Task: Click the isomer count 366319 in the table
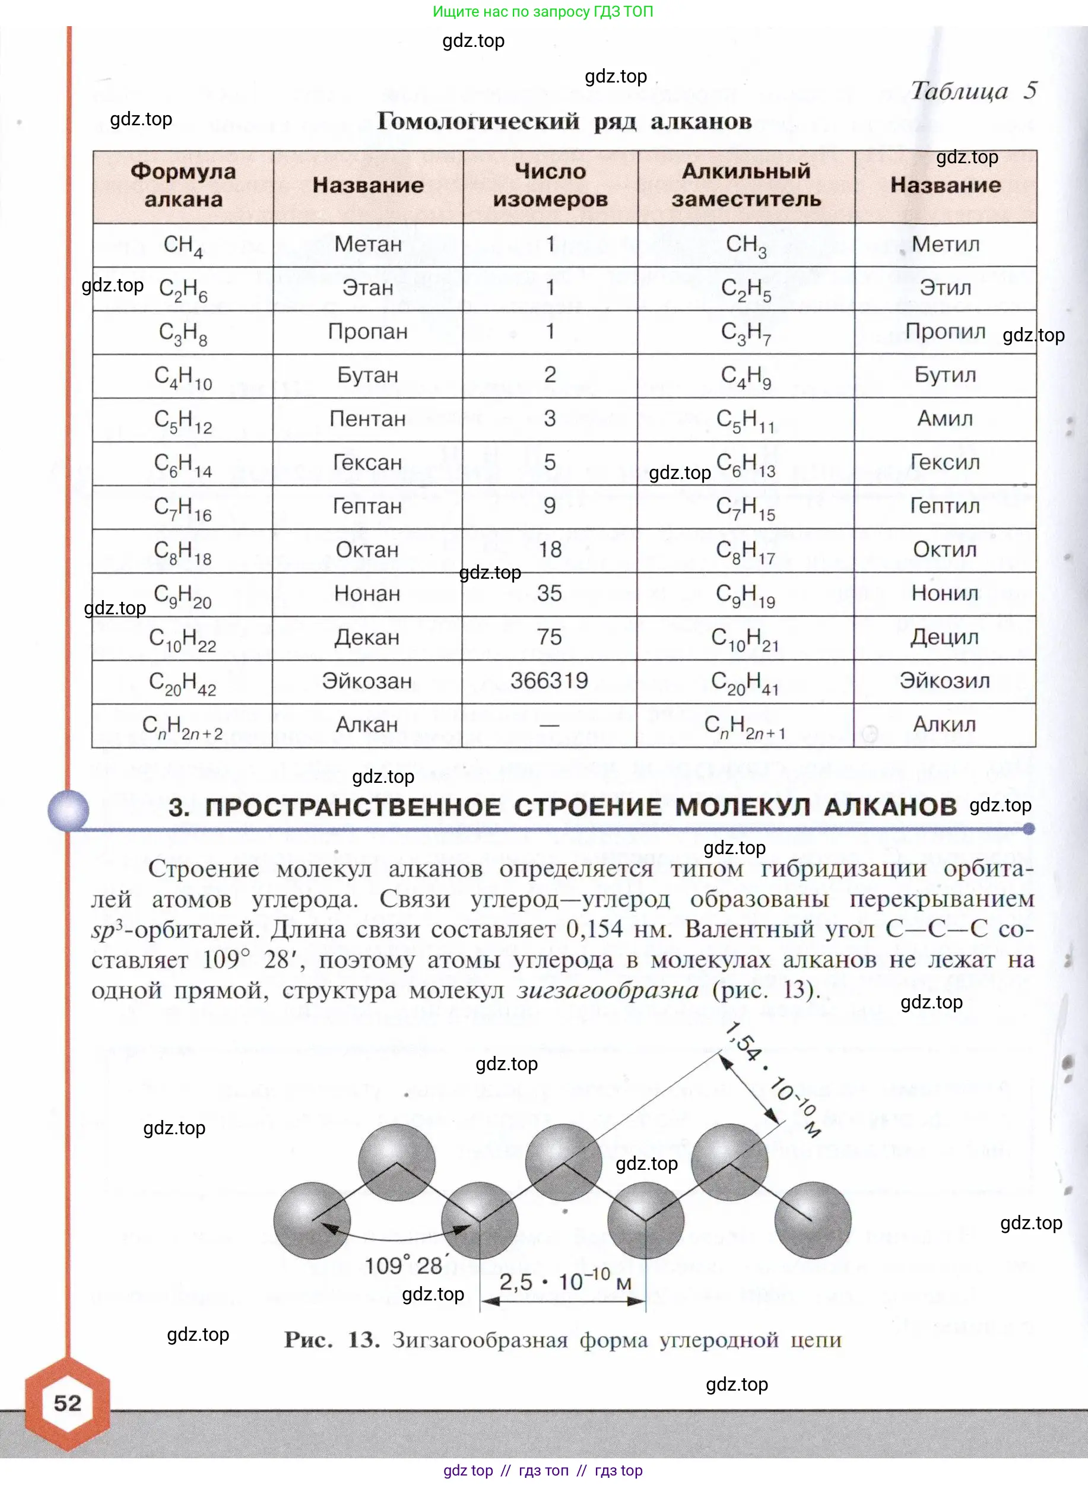pyautogui.click(x=549, y=680)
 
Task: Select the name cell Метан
pyautogui.click(x=367, y=245)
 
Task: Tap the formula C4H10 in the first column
pyautogui.click(x=183, y=377)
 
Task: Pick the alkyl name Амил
pyautogui.click(x=945, y=418)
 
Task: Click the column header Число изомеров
pyautogui.click(x=550, y=185)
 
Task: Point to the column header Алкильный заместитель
pyautogui.click(x=746, y=185)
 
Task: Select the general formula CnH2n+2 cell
pyautogui.click(x=182, y=726)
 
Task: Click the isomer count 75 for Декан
pyautogui.click(x=549, y=637)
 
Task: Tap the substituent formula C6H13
pyautogui.click(x=746, y=464)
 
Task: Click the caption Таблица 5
pyautogui.click(x=973, y=91)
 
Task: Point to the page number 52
pyautogui.click(x=67, y=1402)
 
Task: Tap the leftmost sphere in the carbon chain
pyautogui.click(x=312, y=1220)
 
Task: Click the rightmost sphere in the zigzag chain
pyautogui.click(x=813, y=1220)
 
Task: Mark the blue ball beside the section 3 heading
pyautogui.click(x=68, y=810)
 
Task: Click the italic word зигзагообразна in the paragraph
pyautogui.click(x=607, y=990)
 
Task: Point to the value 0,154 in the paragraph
pyautogui.click(x=594, y=929)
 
